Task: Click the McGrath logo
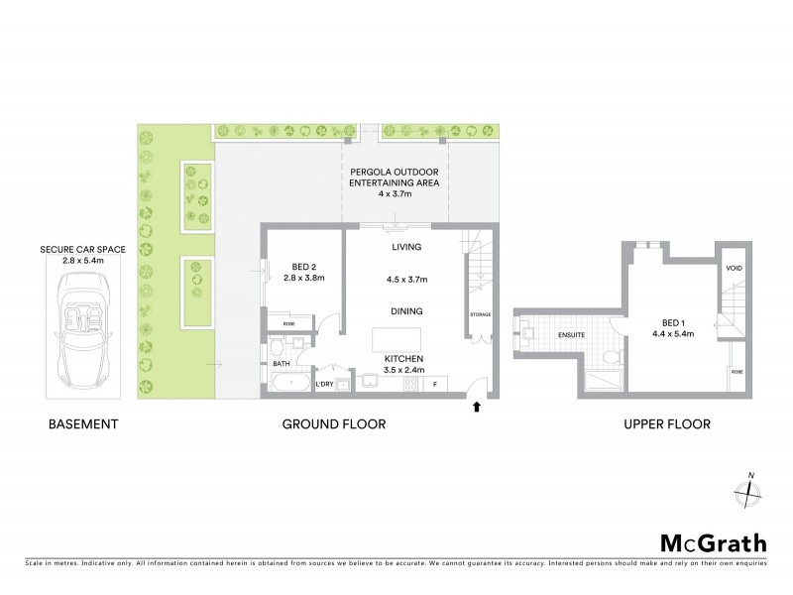pyautogui.click(x=713, y=542)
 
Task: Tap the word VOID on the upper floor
pyautogui.click(x=735, y=268)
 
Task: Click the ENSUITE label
pyautogui.click(x=572, y=334)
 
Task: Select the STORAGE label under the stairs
pyautogui.click(x=480, y=314)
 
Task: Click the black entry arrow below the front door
pyautogui.click(x=478, y=405)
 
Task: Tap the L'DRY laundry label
pyautogui.click(x=323, y=384)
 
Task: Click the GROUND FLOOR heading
pyautogui.click(x=334, y=424)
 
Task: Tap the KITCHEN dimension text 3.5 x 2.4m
pyautogui.click(x=405, y=369)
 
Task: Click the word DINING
pyautogui.click(x=406, y=311)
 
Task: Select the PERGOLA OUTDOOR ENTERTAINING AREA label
pyautogui.click(x=395, y=182)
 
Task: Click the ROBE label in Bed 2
pyautogui.click(x=287, y=323)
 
